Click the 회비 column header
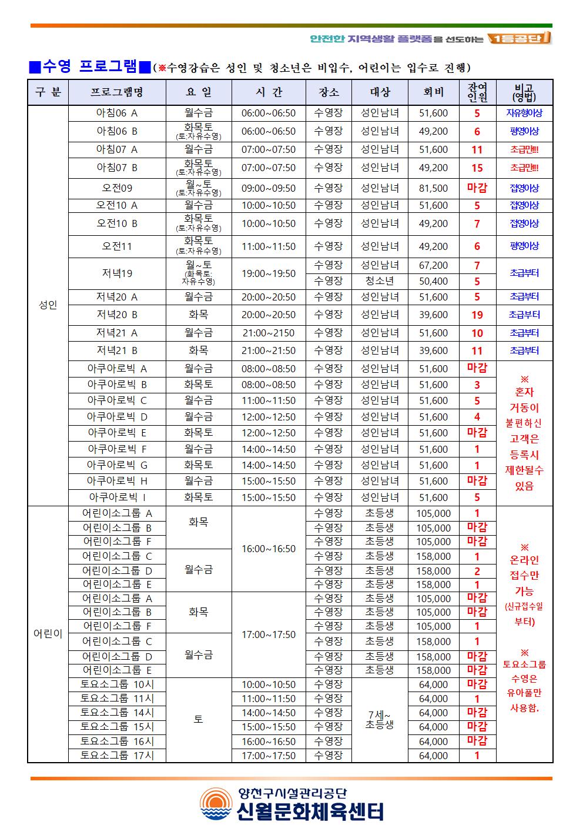(x=433, y=92)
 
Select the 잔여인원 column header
(x=477, y=92)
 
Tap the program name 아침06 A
(x=117, y=113)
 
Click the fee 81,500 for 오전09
(x=433, y=189)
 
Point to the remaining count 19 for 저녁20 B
(x=477, y=315)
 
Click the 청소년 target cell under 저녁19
(x=380, y=282)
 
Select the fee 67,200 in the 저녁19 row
(x=433, y=266)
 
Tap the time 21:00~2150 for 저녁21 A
(x=269, y=333)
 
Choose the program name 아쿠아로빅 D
(x=117, y=417)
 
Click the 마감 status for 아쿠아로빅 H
(x=477, y=481)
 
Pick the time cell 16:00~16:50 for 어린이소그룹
(x=269, y=549)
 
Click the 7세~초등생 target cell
(x=380, y=720)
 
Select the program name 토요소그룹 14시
(x=117, y=713)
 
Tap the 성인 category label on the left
(x=48, y=305)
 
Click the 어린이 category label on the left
(x=48, y=634)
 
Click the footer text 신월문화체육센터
(x=311, y=811)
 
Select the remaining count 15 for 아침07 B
(x=477, y=168)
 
